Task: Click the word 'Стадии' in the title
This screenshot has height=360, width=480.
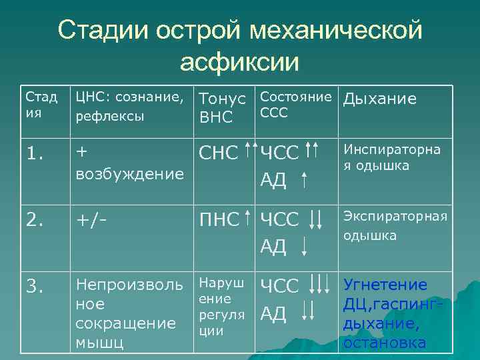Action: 103,29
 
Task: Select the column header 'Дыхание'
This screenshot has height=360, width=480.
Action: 379,99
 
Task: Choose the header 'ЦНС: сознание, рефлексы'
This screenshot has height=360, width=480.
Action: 129,106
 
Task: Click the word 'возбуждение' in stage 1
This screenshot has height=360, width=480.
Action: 129,174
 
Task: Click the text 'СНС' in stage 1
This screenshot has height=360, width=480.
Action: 219,153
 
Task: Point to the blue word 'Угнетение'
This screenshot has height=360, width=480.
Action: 385,285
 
